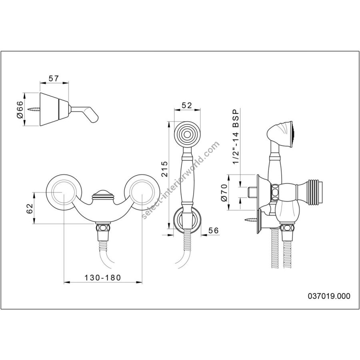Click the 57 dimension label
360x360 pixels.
[54, 78]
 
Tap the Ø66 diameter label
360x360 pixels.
[20, 109]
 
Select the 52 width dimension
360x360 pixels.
[187, 105]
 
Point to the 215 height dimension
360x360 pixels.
[164, 169]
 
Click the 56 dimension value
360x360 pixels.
[214, 230]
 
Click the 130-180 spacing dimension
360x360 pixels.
[103, 278]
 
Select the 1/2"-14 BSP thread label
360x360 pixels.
[236, 137]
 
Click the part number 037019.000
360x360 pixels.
[329, 296]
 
